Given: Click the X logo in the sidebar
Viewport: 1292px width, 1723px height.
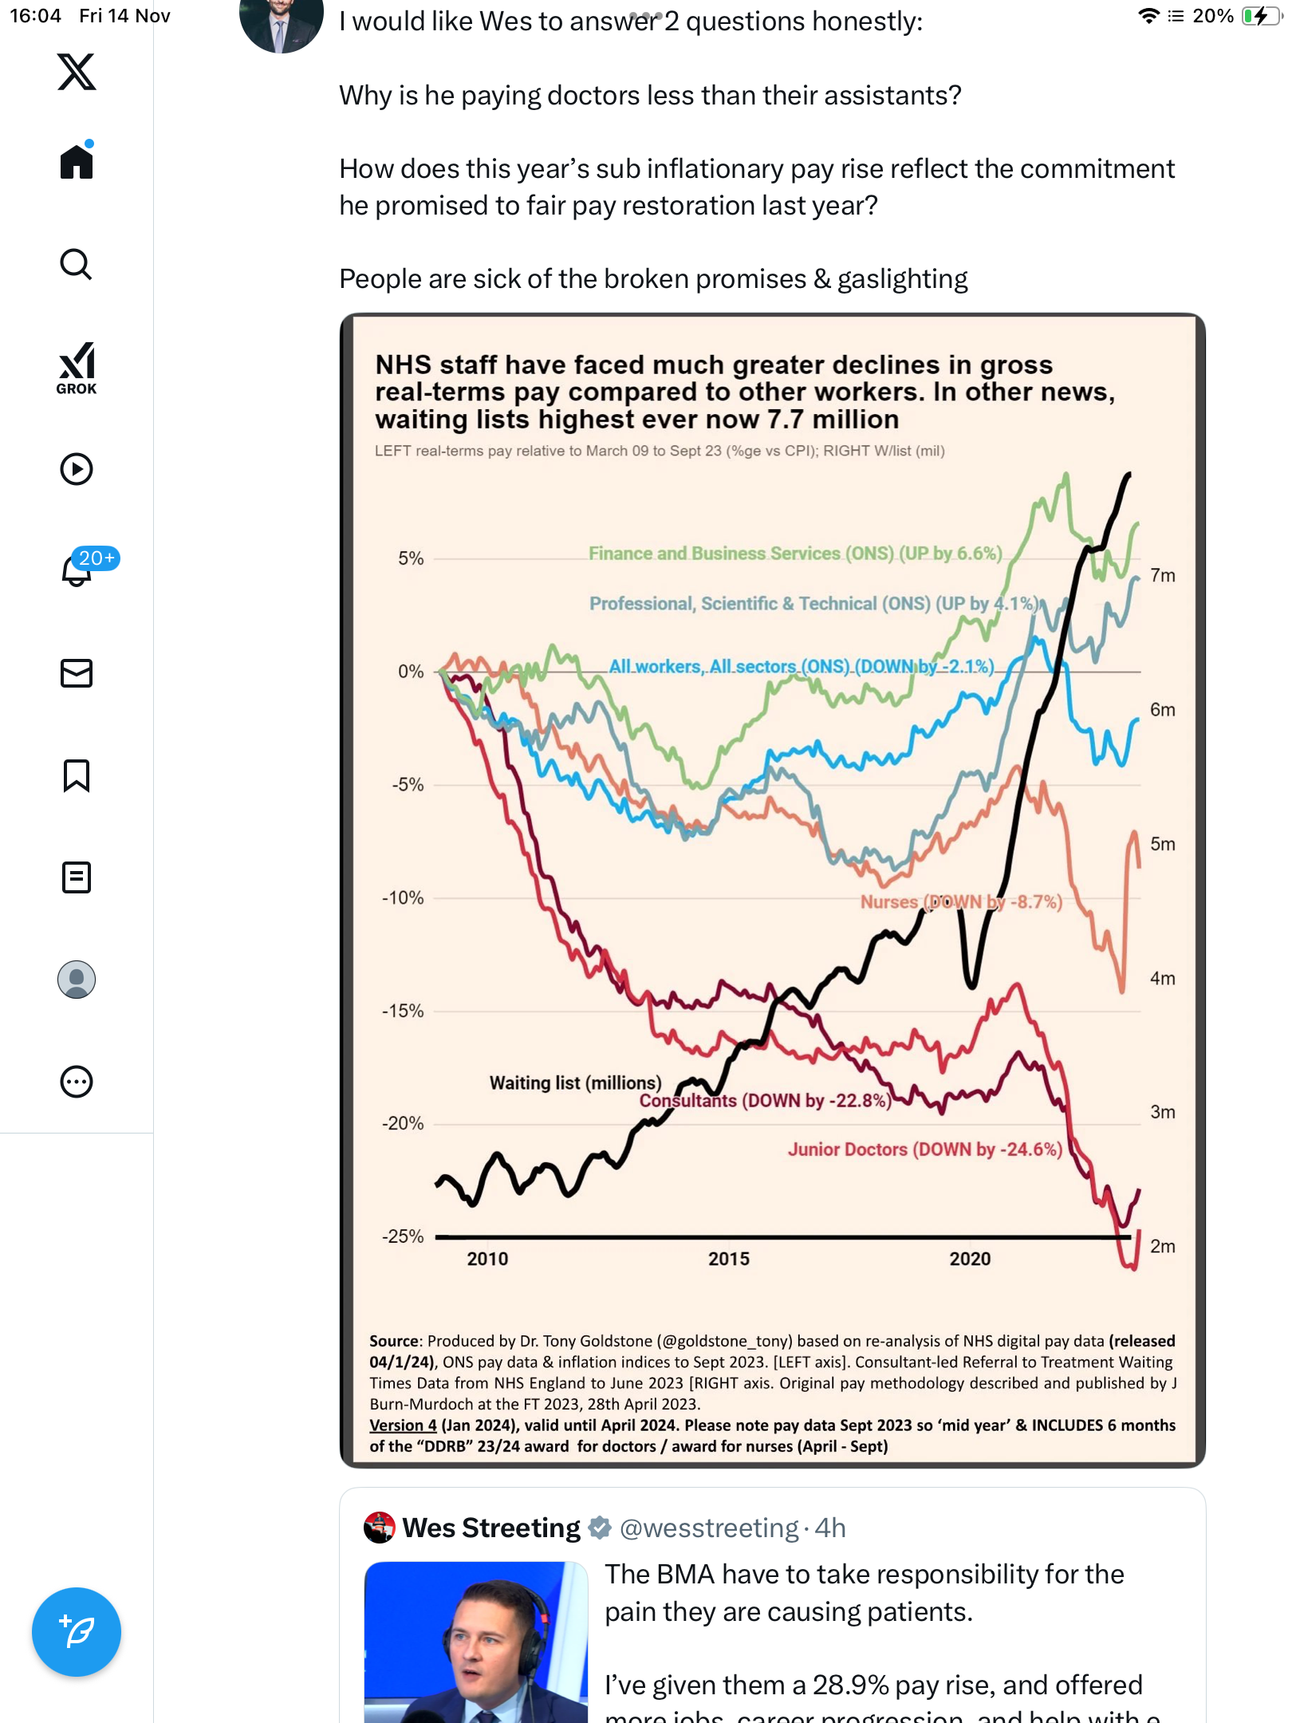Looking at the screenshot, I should (x=77, y=72).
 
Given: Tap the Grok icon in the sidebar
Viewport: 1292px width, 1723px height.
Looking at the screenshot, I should (x=77, y=368).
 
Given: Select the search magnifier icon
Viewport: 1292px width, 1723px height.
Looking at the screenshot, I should (x=77, y=265).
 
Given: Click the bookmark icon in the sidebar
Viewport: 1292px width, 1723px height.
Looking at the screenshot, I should (x=77, y=775).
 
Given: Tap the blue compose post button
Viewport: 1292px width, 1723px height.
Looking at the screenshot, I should (x=77, y=1631).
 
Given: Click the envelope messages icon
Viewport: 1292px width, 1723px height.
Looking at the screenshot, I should (x=77, y=673).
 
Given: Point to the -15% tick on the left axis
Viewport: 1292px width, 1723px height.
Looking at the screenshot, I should (x=403, y=1011).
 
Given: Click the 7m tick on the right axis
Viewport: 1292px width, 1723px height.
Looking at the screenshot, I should (x=1162, y=575).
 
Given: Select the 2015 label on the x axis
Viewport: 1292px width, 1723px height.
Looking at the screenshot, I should (x=729, y=1259).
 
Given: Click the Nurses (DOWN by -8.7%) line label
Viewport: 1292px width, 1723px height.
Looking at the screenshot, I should (x=961, y=901).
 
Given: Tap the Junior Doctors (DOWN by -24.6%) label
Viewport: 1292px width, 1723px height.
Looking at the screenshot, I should (x=925, y=1149).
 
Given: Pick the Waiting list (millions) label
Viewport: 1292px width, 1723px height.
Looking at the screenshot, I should (x=575, y=1082).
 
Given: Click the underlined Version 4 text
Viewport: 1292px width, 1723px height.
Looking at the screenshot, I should (x=403, y=1425).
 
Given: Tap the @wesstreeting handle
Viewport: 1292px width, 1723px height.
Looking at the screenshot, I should (x=709, y=1528).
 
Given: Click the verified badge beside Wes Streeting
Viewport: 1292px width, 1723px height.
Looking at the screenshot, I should (x=600, y=1528).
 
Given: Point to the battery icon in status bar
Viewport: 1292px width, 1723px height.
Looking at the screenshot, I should (x=1261, y=16).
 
